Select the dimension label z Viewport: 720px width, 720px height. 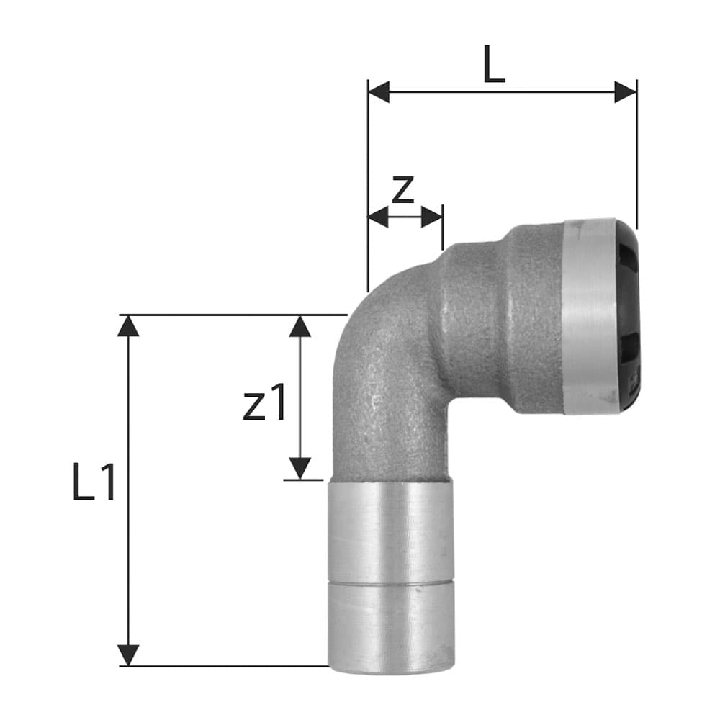tap(403, 189)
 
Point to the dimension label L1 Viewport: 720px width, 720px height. tap(94, 483)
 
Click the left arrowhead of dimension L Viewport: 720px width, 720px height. tap(379, 92)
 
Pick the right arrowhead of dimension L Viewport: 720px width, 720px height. tap(626, 92)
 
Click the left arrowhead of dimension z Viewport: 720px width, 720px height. tap(377, 216)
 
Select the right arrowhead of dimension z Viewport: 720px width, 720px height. tap(432, 216)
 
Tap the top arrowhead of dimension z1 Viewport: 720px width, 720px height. tap(300, 326)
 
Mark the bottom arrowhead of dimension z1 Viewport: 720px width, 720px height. tap(300, 468)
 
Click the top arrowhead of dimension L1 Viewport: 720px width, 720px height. tap(128, 326)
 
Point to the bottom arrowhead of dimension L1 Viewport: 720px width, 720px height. tap(128, 654)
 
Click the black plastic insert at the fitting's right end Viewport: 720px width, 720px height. tap(626, 317)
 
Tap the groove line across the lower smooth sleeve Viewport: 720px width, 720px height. tap(392, 582)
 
